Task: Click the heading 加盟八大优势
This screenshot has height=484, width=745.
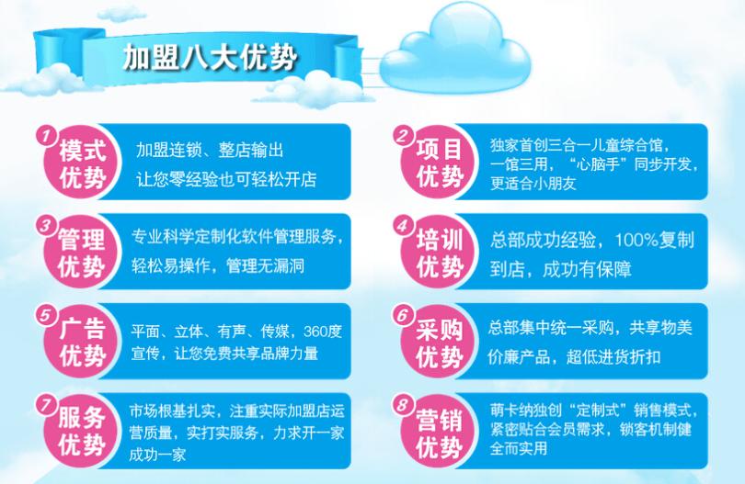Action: pyautogui.click(x=210, y=58)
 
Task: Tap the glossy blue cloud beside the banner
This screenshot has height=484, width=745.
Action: pyautogui.click(x=454, y=53)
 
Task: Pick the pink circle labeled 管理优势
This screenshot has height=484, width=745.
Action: pyautogui.click(x=82, y=253)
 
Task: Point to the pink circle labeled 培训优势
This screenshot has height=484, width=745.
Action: pyautogui.click(x=439, y=253)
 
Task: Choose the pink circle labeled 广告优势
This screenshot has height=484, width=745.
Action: pyautogui.click(x=82, y=342)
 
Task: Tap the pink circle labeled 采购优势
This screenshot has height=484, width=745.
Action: pyautogui.click(x=439, y=342)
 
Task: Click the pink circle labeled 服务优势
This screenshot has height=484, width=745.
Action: pyautogui.click(x=82, y=431)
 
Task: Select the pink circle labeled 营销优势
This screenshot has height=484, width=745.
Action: pyautogui.click(x=439, y=431)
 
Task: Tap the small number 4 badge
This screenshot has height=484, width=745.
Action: pyautogui.click(x=404, y=225)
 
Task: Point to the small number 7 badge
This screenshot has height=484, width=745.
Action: pyautogui.click(x=47, y=404)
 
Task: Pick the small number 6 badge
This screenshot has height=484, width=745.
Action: pyautogui.click(x=404, y=315)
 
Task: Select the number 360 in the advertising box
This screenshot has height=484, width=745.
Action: pyautogui.click(x=315, y=331)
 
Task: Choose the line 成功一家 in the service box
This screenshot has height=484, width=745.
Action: pyautogui.click(x=156, y=455)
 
